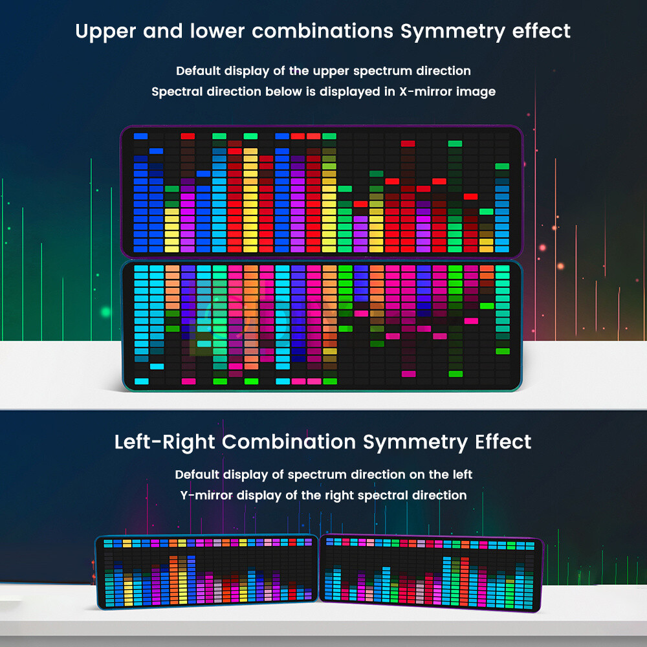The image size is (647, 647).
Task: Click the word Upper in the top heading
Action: (x=105, y=31)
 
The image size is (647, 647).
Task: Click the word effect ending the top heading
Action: (x=542, y=31)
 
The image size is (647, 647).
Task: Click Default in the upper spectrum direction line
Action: (x=198, y=71)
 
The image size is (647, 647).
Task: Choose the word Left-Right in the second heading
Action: (x=165, y=442)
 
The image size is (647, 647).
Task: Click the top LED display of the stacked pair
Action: (x=322, y=192)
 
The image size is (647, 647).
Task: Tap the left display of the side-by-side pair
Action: (x=206, y=573)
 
